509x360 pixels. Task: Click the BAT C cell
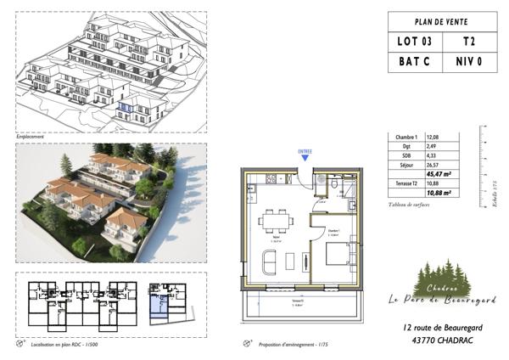(416, 62)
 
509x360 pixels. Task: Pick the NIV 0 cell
(470, 62)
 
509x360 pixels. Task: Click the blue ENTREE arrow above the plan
(305, 158)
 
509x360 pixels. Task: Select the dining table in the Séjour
(273, 222)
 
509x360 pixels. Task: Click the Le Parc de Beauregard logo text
(443, 299)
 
